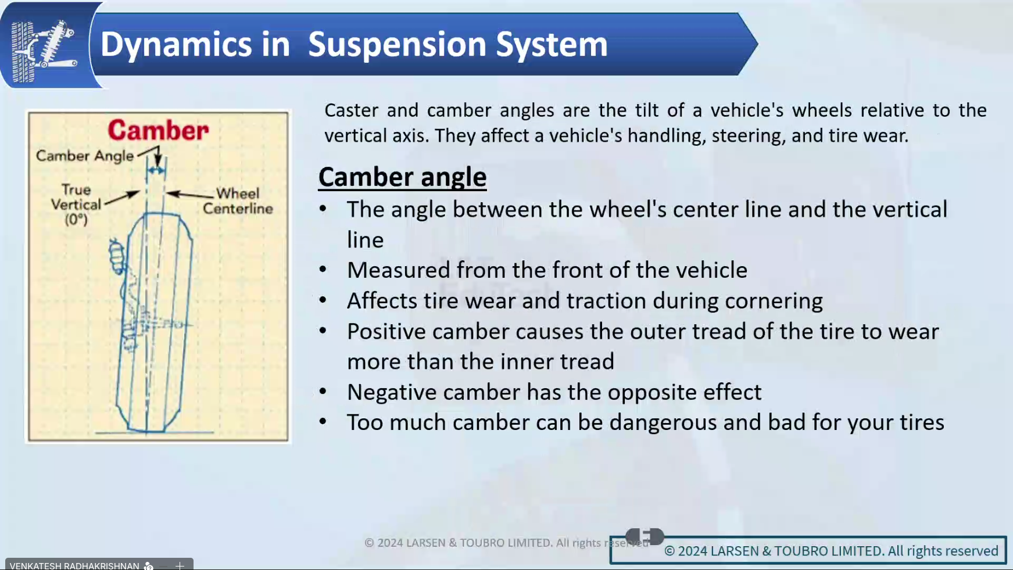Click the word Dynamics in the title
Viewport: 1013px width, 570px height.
[195, 45]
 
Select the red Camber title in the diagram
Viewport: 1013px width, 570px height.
[158, 130]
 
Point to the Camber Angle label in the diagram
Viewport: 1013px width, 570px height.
[85, 156]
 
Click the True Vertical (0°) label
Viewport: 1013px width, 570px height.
[76, 205]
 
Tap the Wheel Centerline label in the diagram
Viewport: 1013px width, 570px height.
[238, 201]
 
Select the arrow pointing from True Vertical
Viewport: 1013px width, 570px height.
[121, 197]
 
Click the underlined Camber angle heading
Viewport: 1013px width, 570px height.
[402, 177]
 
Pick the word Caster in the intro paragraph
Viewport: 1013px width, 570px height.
[351, 110]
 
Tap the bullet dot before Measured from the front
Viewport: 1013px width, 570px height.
[323, 269]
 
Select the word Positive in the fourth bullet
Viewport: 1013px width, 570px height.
[386, 332]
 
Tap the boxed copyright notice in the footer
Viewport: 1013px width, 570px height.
[831, 551]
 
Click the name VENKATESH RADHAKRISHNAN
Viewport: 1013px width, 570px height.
[74, 565]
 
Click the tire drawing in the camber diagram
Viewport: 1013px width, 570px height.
[154, 322]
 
